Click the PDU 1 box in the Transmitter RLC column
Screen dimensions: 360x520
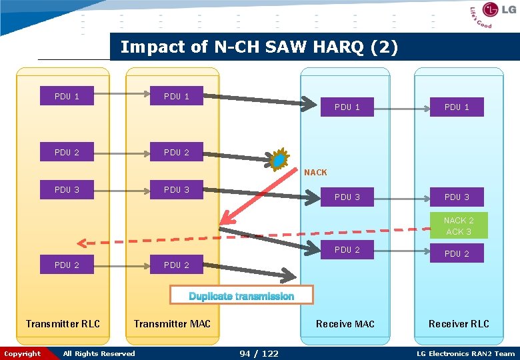click(x=67, y=97)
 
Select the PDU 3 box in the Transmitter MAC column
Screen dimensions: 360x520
click(x=177, y=190)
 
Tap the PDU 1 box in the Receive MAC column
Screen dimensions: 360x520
click(x=347, y=107)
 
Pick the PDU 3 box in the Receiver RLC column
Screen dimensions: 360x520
click(x=457, y=197)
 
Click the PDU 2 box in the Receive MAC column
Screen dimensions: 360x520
click(x=347, y=250)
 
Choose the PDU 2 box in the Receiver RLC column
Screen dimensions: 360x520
click(x=457, y=253)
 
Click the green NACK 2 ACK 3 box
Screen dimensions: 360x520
click(x=458, y=226)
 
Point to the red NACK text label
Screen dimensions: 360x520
click(x=315, y=173)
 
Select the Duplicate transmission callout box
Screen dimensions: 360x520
click(x=241, y=296)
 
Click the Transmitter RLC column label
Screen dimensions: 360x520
click(x=63, y=324)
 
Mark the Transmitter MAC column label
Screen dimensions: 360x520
click(x=172, y=324)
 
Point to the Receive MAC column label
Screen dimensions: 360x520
click(x=345, y=324)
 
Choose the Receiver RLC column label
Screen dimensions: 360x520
click(x=459, y=324)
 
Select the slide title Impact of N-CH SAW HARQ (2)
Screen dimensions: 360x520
click(x=259, y=47)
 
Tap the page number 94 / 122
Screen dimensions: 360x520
click(x=259, y=353)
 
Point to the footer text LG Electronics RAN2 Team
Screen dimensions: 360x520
click(x=465, y=353)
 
